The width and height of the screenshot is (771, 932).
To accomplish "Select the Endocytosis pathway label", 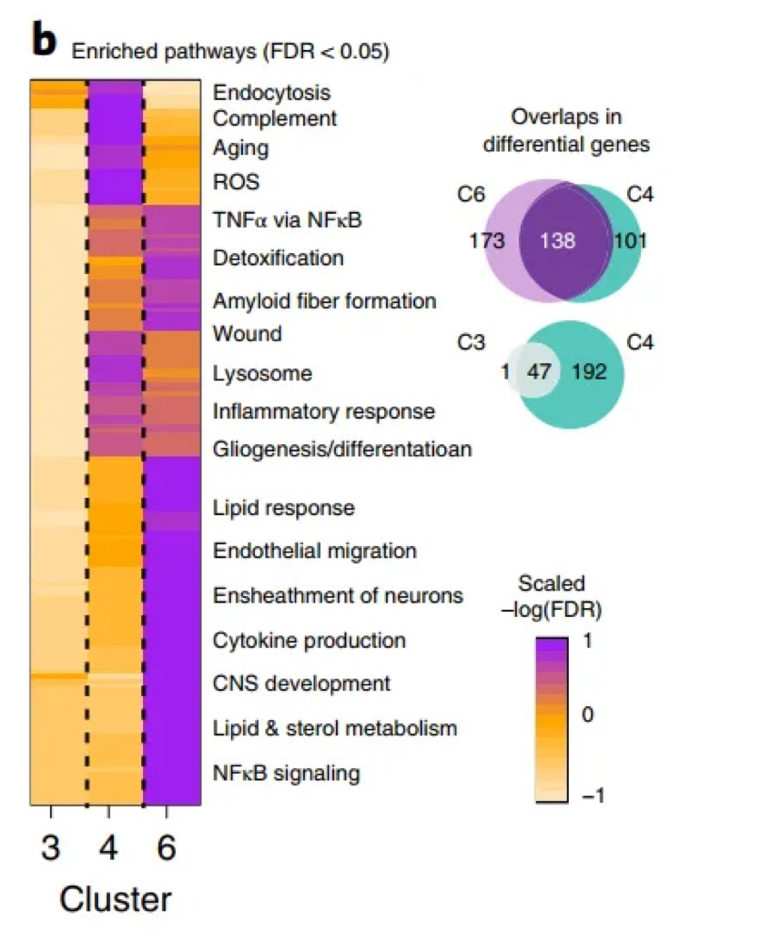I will point(271,93).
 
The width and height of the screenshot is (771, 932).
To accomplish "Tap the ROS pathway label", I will point(236,182).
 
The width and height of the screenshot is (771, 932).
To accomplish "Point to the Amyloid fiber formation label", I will point(324,300).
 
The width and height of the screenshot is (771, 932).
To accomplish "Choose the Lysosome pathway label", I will point(262,373).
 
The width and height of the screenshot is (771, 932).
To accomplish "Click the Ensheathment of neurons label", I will point(338,595).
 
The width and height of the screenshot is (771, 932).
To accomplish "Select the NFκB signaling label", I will point(286,774).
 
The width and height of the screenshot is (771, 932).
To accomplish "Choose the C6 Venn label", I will point(472,193).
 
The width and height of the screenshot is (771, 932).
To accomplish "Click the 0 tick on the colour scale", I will point(587,716).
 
